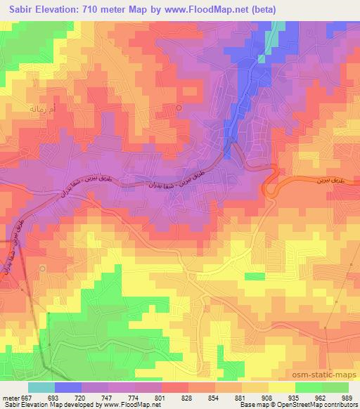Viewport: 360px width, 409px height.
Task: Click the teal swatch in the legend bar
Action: point(41,387)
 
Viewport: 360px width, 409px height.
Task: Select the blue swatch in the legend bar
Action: point(68,387)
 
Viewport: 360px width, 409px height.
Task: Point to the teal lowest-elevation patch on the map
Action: point(279,27)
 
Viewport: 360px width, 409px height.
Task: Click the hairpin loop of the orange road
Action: point(269,184)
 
